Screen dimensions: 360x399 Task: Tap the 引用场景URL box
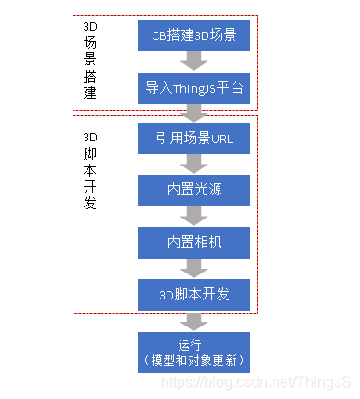click(x=193, y=140)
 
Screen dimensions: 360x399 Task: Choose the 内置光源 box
click(x=193, y=192)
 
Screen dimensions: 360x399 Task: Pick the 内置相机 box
click(x=193, y=243)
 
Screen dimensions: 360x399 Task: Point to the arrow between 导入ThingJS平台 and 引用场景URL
click(x=193, y=114)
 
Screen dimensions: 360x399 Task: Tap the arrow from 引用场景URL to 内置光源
click(x=193, y=166)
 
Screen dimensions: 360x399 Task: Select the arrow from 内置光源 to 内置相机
click(x=193, y=217)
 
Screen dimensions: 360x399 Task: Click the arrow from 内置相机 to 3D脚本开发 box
click(x=193, y=268)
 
